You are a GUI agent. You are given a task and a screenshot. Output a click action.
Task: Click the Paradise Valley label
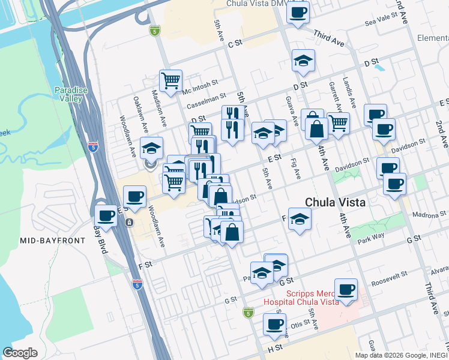click(x=71, y=94)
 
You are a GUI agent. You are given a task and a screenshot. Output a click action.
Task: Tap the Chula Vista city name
click(x=335, y=203)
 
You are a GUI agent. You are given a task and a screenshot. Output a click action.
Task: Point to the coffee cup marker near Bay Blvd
click(x=106, y=216)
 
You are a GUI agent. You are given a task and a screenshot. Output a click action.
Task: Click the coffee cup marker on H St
click(x=275, y=325)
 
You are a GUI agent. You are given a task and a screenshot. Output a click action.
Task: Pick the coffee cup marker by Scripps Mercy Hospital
click(x=346, y=290)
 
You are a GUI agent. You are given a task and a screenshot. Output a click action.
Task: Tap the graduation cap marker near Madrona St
click(x=299, y=219)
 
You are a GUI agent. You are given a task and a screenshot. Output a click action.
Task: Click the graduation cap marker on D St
click(x=303, y=60)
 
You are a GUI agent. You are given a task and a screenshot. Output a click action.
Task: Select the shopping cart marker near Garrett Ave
click(x=339, y=123)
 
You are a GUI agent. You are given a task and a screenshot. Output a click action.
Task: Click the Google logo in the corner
click(x=20, y=353)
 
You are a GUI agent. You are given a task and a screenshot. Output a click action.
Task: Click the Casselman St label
click(x=206, y=96)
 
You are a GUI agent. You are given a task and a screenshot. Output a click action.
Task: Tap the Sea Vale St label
click(x=382, y=23)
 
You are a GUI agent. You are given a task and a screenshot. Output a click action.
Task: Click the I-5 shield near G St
click(x=249, y=313)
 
